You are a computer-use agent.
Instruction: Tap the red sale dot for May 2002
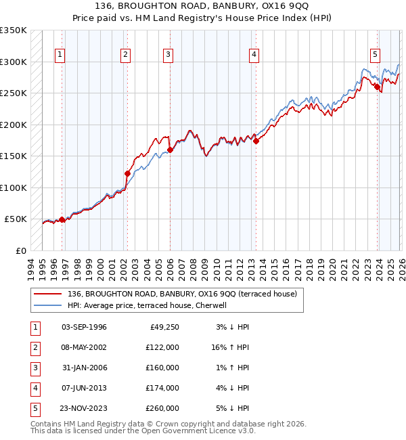pos(127,173)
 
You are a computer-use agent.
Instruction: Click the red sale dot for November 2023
pos(377,86)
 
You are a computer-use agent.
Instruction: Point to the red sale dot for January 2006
pos(170,150)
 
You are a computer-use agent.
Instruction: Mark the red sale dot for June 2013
pos(256,141)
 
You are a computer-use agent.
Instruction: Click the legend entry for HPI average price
pos(150,305)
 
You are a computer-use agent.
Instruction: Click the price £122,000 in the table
pos(163,347)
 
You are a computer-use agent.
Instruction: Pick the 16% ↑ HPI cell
pos(230,347)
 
